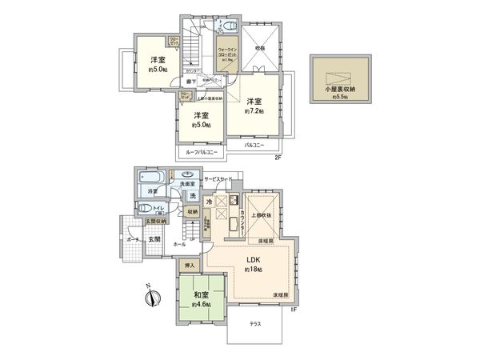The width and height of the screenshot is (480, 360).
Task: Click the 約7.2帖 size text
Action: pos(254,112)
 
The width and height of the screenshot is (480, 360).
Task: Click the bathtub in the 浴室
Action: pos(150,177)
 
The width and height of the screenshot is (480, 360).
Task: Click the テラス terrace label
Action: pos(255,323)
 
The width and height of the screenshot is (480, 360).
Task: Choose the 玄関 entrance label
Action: pos(154,238)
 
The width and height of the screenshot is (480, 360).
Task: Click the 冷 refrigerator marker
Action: pos(209,202)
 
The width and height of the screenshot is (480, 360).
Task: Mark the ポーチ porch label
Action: pos(131,238)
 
